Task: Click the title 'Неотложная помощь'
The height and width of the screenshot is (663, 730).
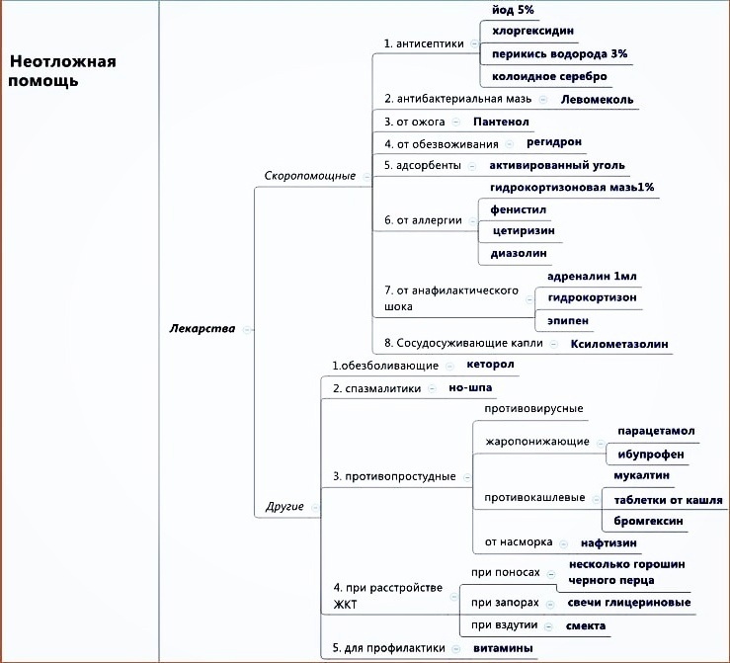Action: click(62, 71)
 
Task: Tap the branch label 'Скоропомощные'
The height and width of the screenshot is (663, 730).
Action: click(309, 175)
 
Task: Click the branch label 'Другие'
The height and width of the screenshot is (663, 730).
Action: click(284, 507)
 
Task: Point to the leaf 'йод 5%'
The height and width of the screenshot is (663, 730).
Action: click(513, 10)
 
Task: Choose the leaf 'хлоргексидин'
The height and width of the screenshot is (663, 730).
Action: click(532, 32)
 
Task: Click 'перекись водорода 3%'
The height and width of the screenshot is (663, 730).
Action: click(559, 53)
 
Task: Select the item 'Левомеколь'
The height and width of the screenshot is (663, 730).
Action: click(597, 99)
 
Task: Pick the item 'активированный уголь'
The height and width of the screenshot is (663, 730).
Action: click(563, 165)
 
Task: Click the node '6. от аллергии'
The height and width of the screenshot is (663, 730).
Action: click(423, 220)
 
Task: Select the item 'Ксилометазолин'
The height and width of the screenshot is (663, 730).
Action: click(619, 344)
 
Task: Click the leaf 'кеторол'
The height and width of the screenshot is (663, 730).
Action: click(490, 364)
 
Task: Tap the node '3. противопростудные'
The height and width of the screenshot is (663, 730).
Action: click(394, 476)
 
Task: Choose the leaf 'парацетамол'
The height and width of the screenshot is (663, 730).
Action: click(656, 432)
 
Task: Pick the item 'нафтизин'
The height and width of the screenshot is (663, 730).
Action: click(608, 542)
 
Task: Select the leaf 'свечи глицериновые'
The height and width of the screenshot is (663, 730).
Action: click(629, 603)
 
